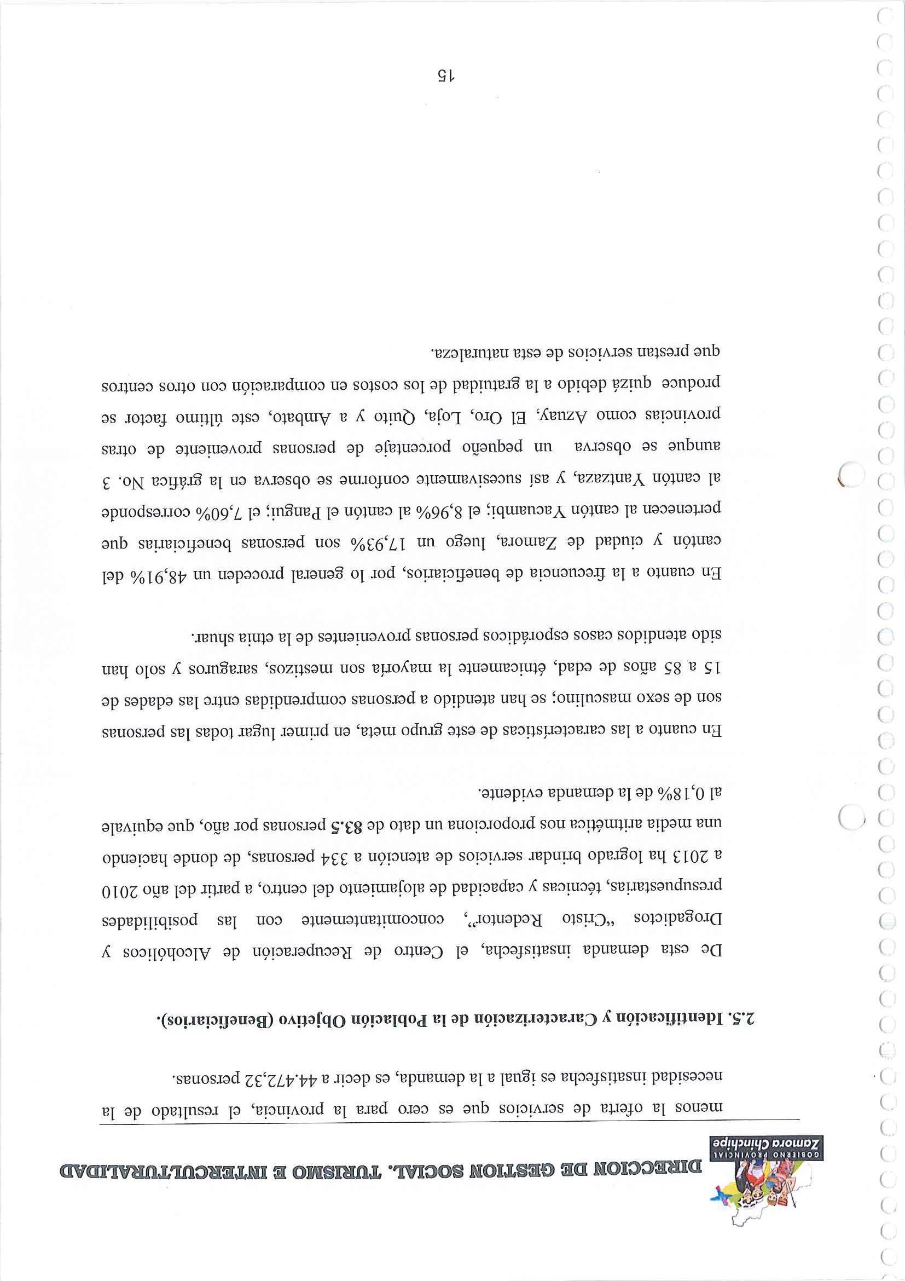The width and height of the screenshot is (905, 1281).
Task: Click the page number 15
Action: point(445,77)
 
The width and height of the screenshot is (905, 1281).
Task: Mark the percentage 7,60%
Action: point(614,511)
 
